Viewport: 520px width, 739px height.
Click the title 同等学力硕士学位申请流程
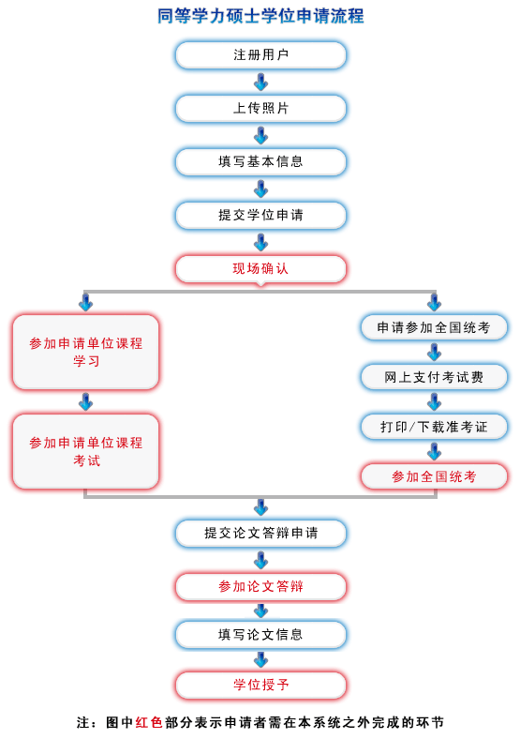click(x=260, y=16)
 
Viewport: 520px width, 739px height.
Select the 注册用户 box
click(x=261, y=55)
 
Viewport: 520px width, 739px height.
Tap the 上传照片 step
click(x=261, y=109)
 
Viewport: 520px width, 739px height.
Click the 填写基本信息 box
click(x=261, y=161)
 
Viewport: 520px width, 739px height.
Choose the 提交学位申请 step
click(x=261, y=216)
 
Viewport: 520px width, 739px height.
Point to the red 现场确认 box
click(x=261, y=268)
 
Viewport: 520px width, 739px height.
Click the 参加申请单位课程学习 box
click(x=85, y=352)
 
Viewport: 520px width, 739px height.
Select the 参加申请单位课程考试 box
click(x=85, y=451)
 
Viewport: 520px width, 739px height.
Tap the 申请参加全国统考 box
click(x=434, y=327)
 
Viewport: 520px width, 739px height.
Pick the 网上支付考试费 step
click(x=434, y=377)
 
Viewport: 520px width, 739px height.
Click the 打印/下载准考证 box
click(x=434, y=427)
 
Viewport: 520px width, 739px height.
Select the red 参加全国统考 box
click(x=434, y=476)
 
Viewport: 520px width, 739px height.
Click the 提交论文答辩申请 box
click(x=261, y=533)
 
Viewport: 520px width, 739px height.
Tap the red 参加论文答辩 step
click(x=261, y=587)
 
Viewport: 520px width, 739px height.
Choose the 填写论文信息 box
click(x=261, y=635)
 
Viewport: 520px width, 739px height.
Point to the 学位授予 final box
click(x=261, y=685)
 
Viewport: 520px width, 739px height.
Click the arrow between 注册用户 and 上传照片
click(x=261, y=82)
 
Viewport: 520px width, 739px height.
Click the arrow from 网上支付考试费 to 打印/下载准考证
click(x=434, y=402)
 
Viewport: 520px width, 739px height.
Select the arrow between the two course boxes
click(x=85, y=402)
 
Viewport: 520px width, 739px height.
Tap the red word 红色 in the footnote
click(x=149, y=722)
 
